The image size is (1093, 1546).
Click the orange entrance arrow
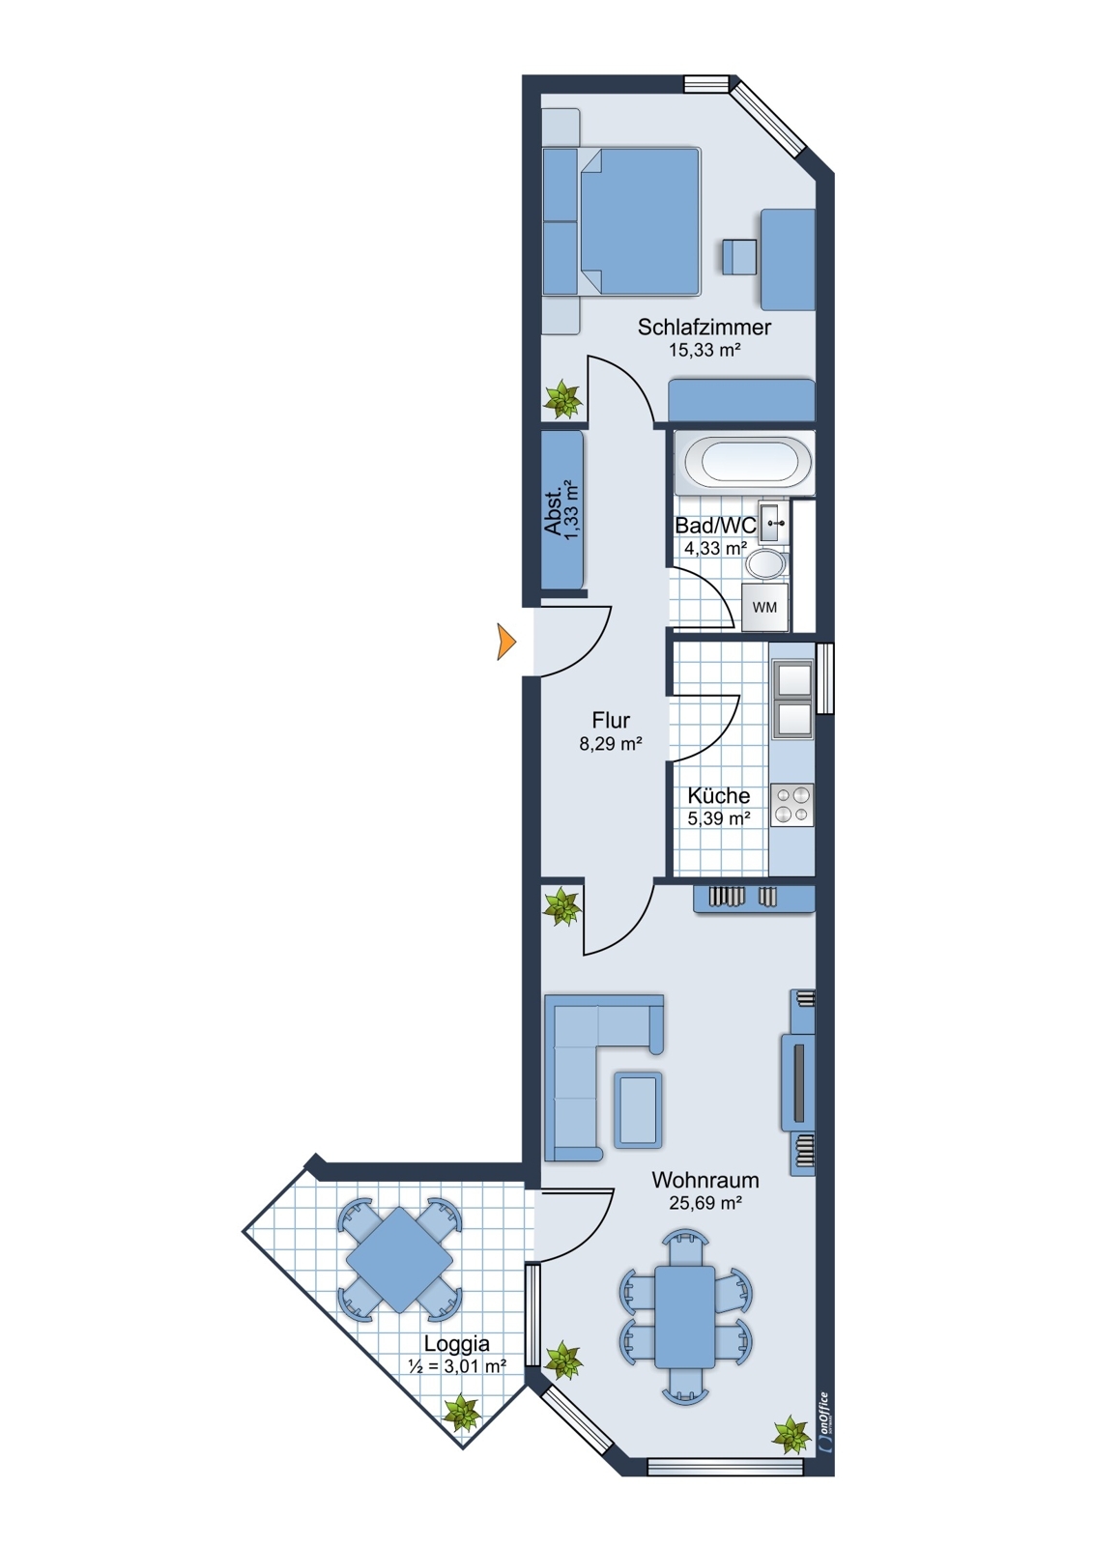point(505,642)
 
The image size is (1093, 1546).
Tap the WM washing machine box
point(764,608)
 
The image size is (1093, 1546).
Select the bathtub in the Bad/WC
point(742,462)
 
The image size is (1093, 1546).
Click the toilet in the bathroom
point(766,564)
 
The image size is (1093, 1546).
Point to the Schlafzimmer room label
point(704,327)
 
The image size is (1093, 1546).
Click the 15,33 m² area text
point(705,351)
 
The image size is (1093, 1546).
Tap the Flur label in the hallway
point(611,720)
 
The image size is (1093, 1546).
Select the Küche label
point(718,795)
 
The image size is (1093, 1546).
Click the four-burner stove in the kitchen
point(791,805)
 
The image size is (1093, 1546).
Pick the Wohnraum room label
point(705,1180)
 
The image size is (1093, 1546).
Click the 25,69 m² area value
point(705,1203)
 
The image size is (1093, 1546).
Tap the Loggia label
point(456,1343)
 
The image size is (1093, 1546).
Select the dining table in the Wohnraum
point(685,1316)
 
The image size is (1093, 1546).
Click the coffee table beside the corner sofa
point(638,1109)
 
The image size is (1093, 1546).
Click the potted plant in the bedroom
point(561,397)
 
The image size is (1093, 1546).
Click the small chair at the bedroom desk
point(739,257)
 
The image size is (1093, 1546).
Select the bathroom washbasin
point(773,523)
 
